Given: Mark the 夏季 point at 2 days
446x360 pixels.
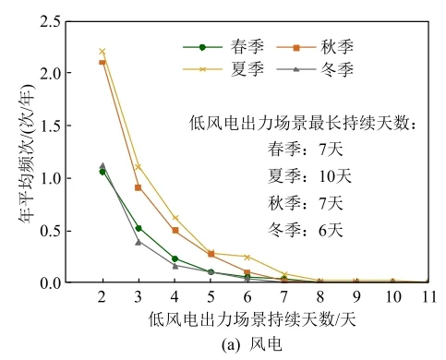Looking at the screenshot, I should click(x=102, y=51).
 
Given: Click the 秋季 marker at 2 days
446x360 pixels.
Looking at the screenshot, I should click(x=102, y=62).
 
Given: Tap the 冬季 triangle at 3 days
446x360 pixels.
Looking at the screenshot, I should click(x=138, y=242).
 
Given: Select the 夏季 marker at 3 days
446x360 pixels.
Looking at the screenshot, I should click(x=138, y=166).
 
